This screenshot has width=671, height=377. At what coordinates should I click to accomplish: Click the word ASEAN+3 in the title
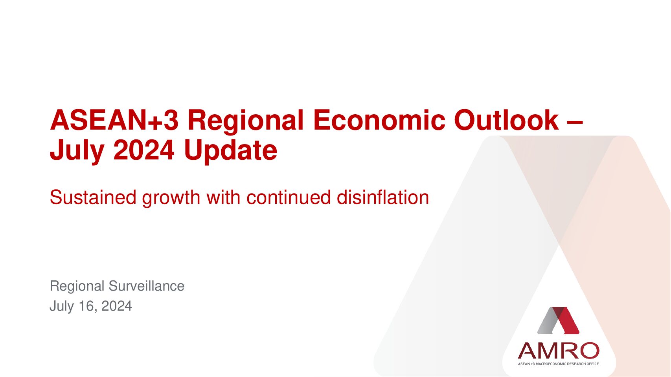(114, 120)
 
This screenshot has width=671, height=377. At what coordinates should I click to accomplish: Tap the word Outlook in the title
(506, 120)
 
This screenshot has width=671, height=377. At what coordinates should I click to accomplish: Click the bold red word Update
(231, 151)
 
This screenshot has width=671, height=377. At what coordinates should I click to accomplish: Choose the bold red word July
(77, 151)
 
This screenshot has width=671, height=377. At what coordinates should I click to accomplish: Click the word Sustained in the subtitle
(93, 198)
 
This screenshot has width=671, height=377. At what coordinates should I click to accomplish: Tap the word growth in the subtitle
(171, 198)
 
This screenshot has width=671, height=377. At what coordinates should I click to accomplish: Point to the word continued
(289, 198)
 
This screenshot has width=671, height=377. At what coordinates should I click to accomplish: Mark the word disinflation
(383, 198)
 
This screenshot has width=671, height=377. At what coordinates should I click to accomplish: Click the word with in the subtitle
(223, 198)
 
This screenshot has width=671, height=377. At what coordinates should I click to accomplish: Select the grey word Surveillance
(147, 286)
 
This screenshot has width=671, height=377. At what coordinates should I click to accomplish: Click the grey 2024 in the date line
(116, 306)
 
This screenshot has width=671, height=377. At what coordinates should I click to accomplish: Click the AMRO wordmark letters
(559, 351)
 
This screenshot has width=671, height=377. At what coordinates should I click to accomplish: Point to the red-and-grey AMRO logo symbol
(558, 320)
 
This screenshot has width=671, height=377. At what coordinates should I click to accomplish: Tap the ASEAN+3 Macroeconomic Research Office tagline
(559, 364)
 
